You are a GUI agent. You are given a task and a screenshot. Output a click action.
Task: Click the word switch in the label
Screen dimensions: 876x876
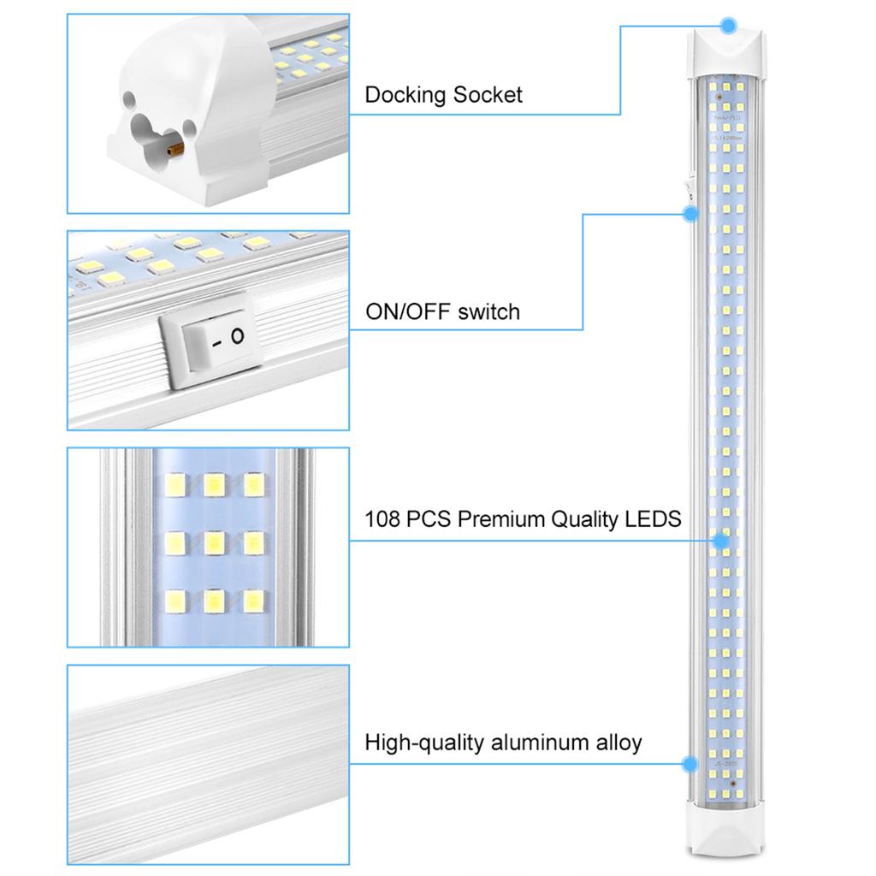[x=488, y=311]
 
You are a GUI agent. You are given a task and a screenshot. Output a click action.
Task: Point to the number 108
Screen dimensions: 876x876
[x=382, y=518]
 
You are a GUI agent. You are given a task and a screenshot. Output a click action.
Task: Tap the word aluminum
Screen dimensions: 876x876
[x=540, y=742]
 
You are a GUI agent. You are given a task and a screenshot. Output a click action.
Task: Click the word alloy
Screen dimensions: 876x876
[x=619, y=742]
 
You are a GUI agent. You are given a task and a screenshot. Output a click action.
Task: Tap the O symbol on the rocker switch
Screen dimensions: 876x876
[x=237, y=335]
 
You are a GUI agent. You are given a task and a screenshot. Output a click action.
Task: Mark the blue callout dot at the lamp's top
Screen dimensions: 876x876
[x=727, y=26]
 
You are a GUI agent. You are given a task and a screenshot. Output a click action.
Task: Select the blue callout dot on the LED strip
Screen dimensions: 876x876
[x=720, y=541]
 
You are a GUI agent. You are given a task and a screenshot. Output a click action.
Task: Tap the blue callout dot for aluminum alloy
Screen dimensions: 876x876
[x=689, y=762]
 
